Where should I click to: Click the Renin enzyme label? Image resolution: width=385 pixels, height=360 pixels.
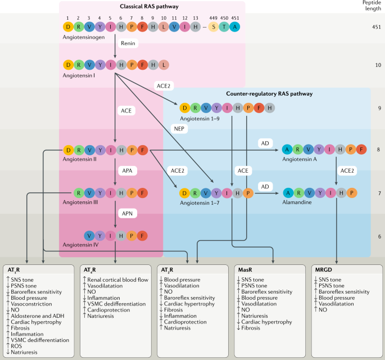click(x=128, y=43)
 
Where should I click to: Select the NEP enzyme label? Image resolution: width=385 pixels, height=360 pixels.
click(x=179, y=129)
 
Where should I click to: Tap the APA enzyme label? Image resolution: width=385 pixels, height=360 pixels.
click(x=127, y=170)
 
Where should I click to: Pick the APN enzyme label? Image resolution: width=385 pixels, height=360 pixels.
click(x=127, y=214)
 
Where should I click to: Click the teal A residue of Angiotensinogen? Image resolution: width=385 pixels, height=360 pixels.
click(x=235, y=27)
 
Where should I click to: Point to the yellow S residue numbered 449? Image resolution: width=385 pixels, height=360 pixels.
click(x=214, y=27)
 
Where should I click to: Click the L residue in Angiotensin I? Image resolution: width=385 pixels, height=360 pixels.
click(x=164, y=65)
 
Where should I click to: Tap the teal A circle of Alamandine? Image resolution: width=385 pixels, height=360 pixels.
click(x=288, y=193)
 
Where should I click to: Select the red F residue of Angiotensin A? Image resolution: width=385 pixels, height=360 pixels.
click(x=361, y=149)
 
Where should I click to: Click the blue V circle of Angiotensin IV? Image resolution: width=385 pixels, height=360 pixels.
click(x=89, y=236)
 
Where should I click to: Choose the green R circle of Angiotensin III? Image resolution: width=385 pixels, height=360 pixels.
click(x=79, y=193)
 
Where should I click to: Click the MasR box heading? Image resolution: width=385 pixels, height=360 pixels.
click(x=245, y=270)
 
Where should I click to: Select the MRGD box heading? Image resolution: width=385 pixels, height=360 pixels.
click(x=323, y=270)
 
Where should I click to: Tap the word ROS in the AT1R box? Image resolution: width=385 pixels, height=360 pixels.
click(x=16, y=346)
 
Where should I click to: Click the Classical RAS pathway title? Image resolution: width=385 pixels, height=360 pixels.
click(x=149, y=6)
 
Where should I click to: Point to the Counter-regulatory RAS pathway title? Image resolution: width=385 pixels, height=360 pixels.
click(x=269, y=93)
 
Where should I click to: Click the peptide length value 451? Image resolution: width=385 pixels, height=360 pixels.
click(x=377, y=27)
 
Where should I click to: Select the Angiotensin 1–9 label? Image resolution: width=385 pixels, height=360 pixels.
click(x=200, y=119)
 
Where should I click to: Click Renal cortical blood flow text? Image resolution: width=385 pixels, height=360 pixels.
click(x=118, y=280)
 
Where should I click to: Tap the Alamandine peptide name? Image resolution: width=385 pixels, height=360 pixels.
click(x=297, y=202)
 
